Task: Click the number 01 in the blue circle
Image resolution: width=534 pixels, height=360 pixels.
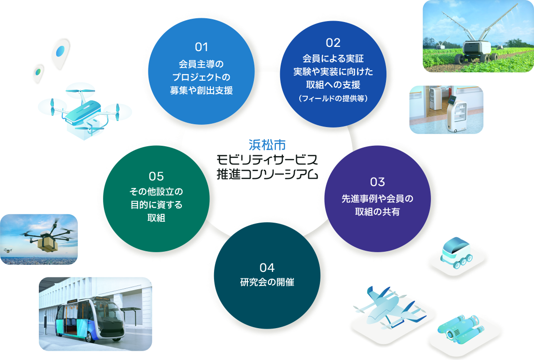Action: pos(201,47)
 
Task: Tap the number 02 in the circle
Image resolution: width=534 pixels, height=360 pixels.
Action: pos(333,43)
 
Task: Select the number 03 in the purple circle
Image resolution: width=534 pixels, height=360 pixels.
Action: pos(377,181)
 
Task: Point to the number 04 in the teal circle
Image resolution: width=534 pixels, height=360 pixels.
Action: pos(267,268)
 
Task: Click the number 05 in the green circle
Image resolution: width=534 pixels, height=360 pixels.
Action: pos(156,176)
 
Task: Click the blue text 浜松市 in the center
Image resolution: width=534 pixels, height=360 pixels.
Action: pos(267,144)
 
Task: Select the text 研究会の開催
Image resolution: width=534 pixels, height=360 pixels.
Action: pos(267,283)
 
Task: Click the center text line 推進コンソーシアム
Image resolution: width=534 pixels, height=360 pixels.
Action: pos(267,174)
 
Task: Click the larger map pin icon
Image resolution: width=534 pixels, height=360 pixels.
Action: pos(60,52)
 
